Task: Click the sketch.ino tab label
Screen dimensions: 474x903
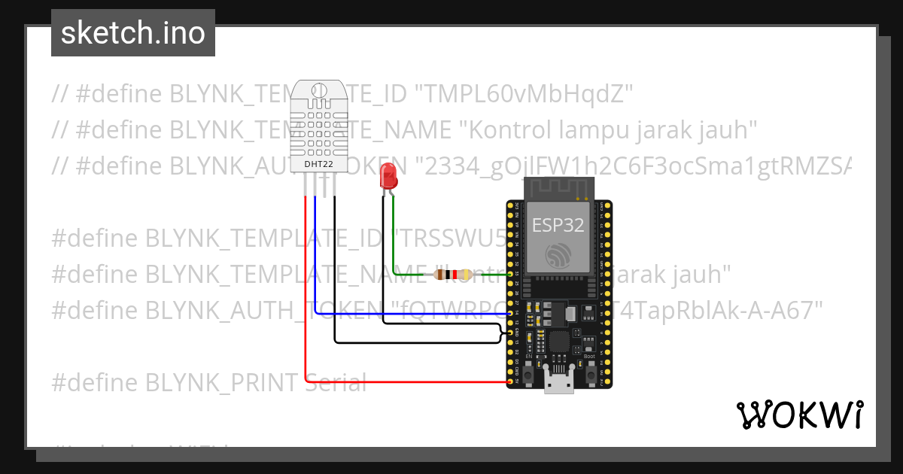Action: tap(132, 33)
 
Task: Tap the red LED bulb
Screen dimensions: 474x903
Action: tap(388, 178)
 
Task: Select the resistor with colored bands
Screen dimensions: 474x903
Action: tap(452, 275)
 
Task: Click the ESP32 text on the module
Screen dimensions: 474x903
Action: tap(558, 225)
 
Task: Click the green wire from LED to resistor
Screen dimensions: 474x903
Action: tap(394, 241)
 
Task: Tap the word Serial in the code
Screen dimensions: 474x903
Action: tap(336, 383)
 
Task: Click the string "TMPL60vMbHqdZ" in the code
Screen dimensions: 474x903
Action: tap(524, 94)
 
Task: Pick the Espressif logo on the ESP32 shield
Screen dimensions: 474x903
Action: tap(558, 256)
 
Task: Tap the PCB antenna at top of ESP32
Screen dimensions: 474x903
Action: tap(558, 187)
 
